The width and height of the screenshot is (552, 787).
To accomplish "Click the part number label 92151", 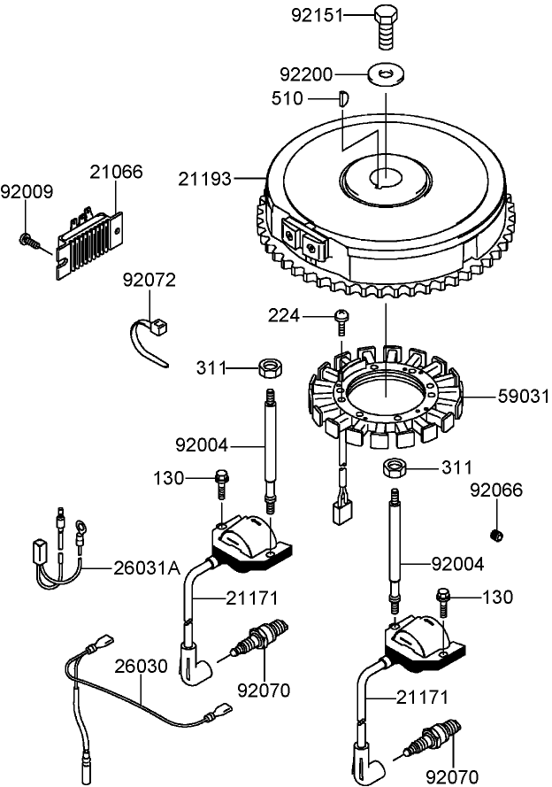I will (x=315, y=15).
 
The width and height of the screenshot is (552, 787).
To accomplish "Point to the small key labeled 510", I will (x=344, y=99).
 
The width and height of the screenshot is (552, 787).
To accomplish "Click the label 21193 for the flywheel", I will (x=206, y=180).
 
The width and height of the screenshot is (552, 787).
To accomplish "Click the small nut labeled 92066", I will (x=496, y=534).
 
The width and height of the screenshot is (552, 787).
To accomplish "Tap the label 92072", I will (x=149, y=281).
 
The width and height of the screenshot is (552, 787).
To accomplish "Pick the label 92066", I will (x=496, y=490).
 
